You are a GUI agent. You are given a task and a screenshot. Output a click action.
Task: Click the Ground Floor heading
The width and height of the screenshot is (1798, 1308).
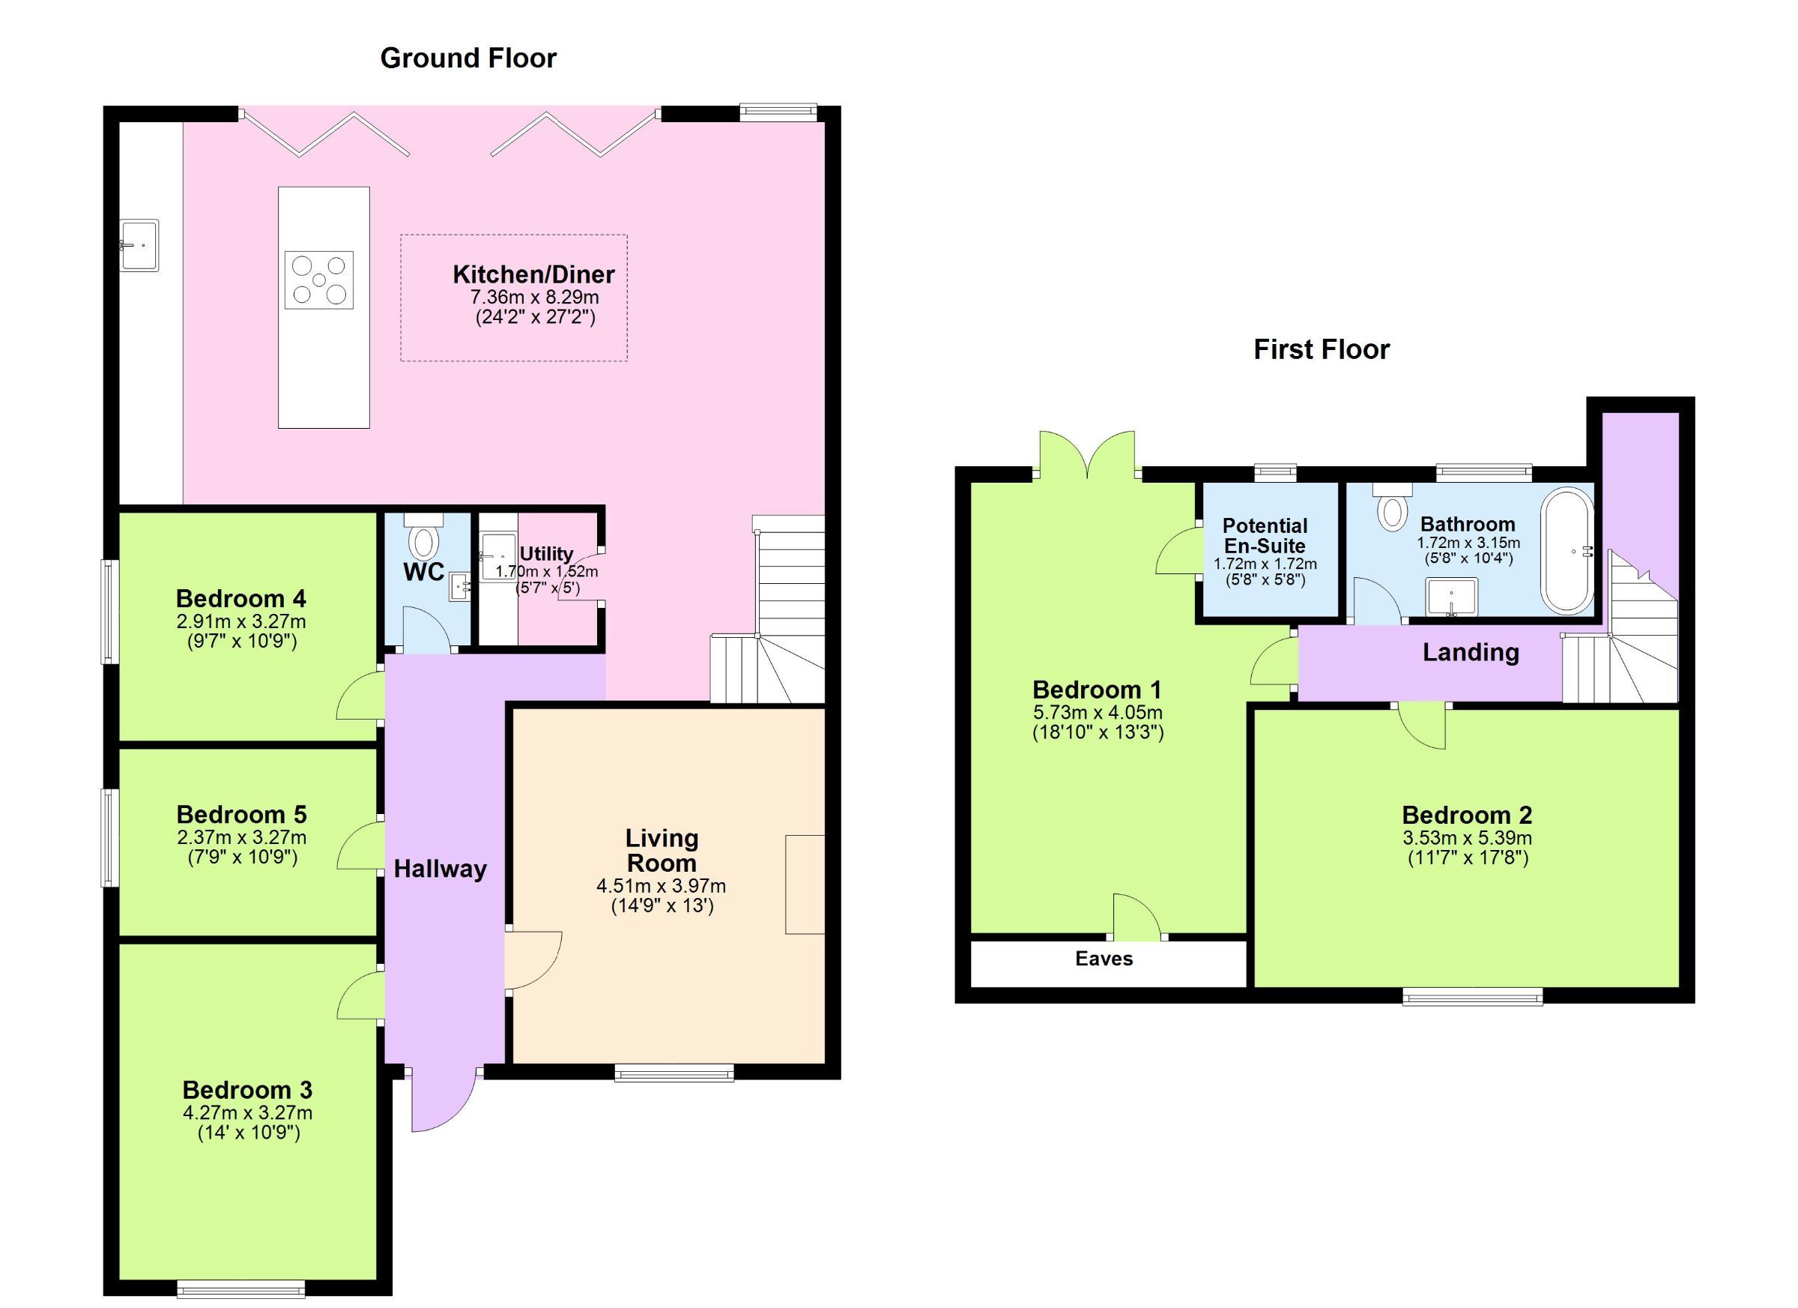[x=467, y=58]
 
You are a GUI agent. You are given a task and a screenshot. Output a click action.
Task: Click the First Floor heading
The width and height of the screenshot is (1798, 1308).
[x=1321, y=350]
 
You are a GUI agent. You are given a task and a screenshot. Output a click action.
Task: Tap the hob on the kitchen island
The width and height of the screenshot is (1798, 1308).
[x=318, y=280]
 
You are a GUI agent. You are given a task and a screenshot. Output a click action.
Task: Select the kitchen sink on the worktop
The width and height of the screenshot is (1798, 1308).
[x=139, y=246]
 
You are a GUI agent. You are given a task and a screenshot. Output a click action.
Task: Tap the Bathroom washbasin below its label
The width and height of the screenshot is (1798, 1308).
[x=1452, y=597]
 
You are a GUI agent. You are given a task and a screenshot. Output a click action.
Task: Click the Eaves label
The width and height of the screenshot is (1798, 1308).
[x=1104, y=958]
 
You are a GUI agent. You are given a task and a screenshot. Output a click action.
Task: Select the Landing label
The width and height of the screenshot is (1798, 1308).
[x=1471, y=652]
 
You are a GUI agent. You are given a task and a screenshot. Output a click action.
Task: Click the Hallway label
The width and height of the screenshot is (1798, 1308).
[x=440, y=869]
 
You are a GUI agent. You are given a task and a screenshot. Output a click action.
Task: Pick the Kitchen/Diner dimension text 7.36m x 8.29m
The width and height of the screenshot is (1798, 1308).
[x=534, y=298]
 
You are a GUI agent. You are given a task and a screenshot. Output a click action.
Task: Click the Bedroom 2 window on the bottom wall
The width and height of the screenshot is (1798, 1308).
[x=1472, y=996]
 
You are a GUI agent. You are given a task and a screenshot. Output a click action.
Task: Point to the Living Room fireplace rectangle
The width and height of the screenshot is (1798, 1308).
[x=805, y=884]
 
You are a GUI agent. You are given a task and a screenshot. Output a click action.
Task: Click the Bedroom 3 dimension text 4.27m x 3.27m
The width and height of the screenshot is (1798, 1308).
[x=247, y=1112]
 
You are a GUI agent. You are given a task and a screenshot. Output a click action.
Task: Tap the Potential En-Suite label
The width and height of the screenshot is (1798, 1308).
[x=1265, y=535]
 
